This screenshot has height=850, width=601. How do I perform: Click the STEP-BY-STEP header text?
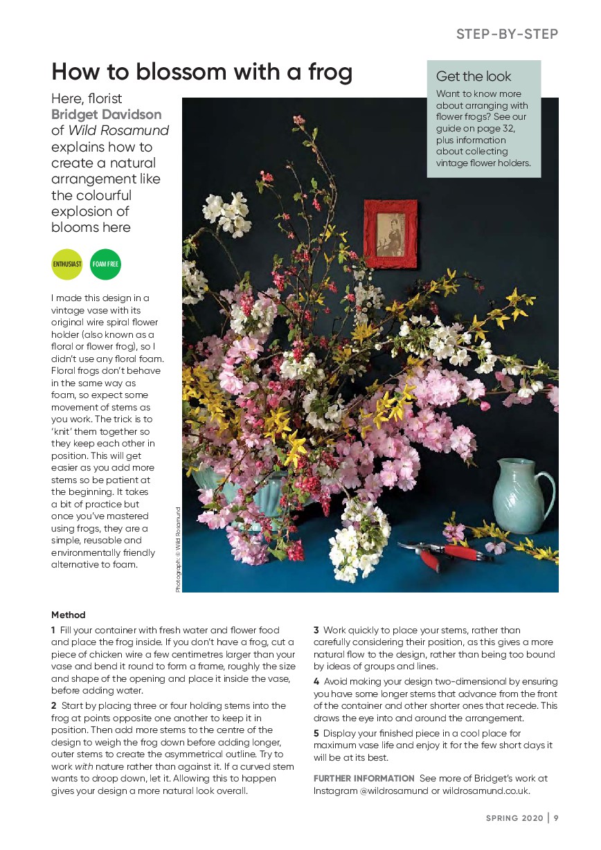tap(507, 34)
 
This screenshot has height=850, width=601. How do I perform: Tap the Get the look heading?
tap(474, 76)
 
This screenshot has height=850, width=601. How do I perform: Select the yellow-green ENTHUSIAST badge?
tap(67, 264)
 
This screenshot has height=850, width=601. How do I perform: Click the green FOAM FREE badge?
tap(105, 264)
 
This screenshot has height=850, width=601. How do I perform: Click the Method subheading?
tap(69, 615)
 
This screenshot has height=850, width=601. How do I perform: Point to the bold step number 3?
tap(316, 630)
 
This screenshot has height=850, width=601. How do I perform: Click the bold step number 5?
tap(316, 733)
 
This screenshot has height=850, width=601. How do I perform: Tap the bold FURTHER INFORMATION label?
tap(364, 779)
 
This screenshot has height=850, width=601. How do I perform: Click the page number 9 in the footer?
tap(556, 817)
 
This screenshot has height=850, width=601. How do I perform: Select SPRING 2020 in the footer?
tap(512, 817)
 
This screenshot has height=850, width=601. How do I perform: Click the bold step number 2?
tap(54, 705)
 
